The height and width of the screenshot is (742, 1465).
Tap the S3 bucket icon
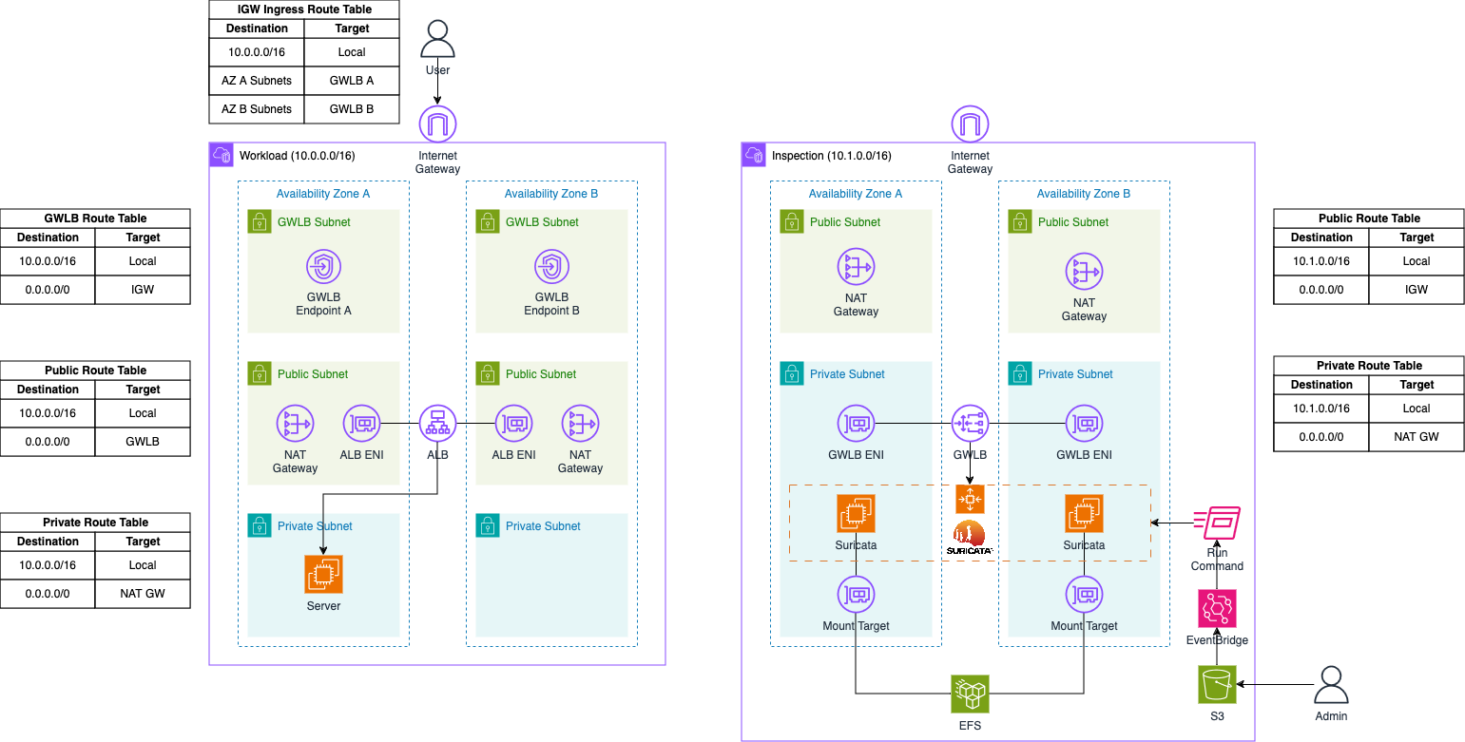1217,685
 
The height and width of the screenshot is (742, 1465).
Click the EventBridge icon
1217,608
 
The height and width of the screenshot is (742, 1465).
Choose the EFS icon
970,694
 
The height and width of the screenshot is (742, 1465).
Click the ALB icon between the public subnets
437,423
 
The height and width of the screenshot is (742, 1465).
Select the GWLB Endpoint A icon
323,268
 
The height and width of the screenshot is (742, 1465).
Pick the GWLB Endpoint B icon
551,268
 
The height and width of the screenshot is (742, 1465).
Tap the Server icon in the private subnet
323,574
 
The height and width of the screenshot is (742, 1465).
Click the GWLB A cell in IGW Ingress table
352,81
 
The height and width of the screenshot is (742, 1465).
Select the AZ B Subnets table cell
257,109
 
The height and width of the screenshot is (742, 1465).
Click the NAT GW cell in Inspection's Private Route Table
1417,437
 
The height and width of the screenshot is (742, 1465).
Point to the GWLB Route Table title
95,219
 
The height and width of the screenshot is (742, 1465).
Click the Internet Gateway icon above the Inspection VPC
970,124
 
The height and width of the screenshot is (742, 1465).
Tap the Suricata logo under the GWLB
970,538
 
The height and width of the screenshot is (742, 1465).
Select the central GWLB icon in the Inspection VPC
970,423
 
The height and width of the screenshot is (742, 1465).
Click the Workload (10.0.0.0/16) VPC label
299,156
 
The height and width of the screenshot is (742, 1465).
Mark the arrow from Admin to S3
1274,684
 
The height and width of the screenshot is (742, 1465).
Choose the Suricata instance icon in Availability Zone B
1084,514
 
